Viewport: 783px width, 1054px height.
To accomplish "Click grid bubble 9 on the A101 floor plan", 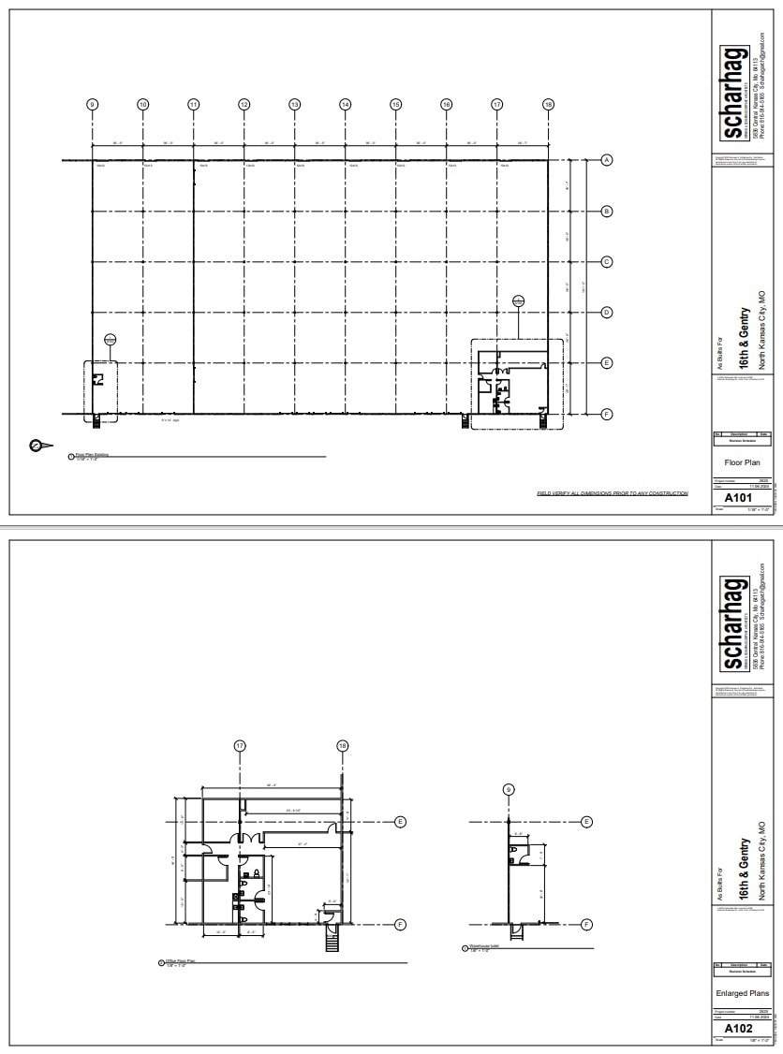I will [x=92, y=104].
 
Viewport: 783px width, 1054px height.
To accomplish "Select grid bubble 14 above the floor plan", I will [x=345, y=104].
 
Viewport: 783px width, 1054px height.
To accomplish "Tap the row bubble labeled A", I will [x=606, y=161].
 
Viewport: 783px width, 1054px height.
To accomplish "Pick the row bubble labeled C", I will [x=606, y=262].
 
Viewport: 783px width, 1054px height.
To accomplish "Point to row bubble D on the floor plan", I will [x=606, y=312].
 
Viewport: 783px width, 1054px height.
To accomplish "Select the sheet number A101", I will [x=733, y=498].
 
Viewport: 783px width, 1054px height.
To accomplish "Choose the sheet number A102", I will [x=733, y=1028].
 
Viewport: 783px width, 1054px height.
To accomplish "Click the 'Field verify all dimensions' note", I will [x=612, y=493].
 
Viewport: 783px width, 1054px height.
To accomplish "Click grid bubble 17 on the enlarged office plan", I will [x=240, y=746].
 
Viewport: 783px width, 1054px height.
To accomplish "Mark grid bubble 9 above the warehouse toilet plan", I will [x=509, y=789].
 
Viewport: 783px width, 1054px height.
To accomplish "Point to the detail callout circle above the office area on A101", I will [x=519, y=300].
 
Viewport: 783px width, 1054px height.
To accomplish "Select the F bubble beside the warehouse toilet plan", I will [x=586, y=924].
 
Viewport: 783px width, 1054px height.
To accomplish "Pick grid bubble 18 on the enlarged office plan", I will [x=342, y=746].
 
